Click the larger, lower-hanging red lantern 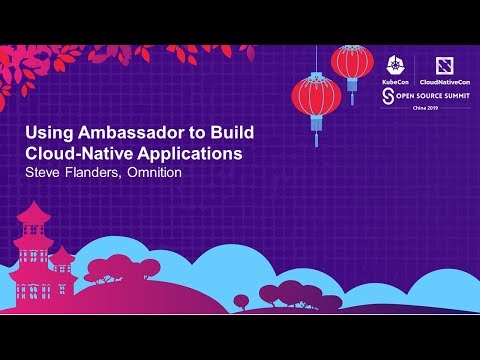(x=316, y=98)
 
